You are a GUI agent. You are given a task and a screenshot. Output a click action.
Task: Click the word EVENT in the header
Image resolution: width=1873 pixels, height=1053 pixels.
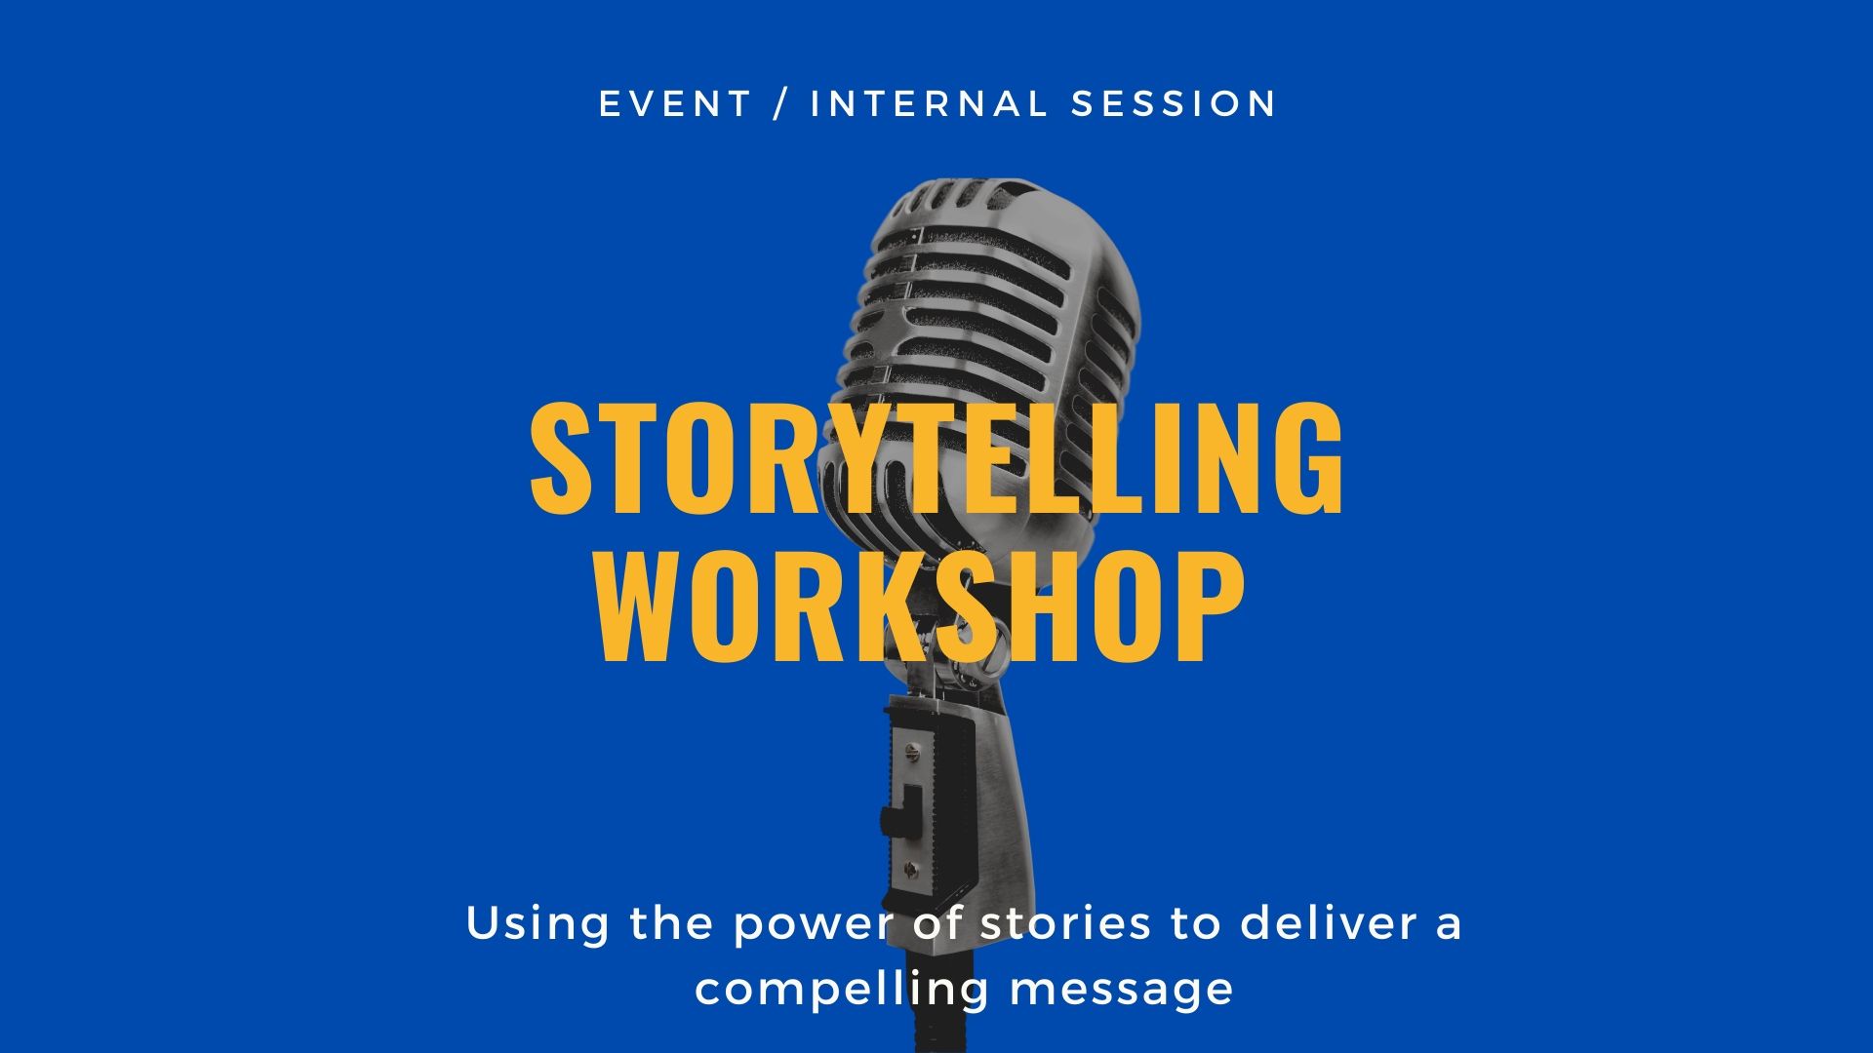675,103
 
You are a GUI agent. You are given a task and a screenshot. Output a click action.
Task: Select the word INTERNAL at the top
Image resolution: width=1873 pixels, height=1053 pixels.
929,103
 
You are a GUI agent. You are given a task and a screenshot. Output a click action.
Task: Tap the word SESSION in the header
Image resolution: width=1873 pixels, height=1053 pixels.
1174,103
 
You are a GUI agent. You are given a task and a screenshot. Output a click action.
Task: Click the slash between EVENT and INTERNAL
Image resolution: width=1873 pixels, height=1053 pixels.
780,103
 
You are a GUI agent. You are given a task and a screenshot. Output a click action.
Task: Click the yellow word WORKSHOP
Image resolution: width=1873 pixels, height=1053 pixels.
921,606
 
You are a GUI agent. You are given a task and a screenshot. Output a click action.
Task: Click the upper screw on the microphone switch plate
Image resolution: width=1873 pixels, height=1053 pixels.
912,751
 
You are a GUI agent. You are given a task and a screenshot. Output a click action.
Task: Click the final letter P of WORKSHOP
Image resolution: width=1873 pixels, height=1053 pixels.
1215,606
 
